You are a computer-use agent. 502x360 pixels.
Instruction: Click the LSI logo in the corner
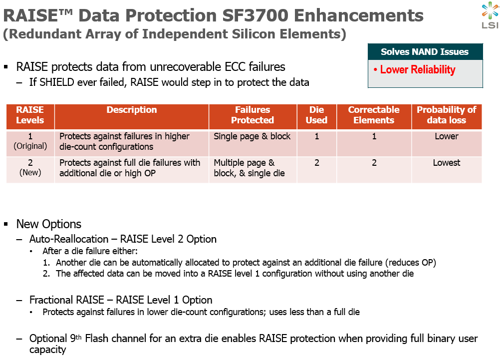pyautogui.click(x=490, y=15)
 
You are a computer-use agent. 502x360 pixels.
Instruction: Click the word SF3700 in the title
pyautogui.click(x=255, y=15)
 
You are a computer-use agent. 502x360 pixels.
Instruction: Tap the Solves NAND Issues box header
pyautogui.click(x=425, y=51)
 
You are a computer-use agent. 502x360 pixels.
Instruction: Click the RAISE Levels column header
pyautogui.click(x=30, y=115)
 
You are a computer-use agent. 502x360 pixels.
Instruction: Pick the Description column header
pyautogui.click(x=132, y=110)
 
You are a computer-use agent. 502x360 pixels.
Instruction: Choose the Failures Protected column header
pyautogui.click(x=252, y=115)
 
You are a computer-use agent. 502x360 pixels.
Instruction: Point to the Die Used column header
pyautogui.click(x=317, y=115)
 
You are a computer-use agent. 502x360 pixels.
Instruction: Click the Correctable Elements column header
pyautogui.click(x=374, y=115)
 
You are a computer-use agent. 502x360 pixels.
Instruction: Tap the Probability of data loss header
pyautogui.click(x=447, y=115)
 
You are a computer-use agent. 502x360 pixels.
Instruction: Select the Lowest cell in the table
pyautogui.click(x=447, y=163)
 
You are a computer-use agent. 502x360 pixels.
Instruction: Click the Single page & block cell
pyautogui.click(x=252, y=136)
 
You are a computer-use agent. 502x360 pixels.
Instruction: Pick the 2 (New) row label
pyautogui.click(x=30, y=167)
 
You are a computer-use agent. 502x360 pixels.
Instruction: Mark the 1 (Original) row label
pyautogui.click(x=30, y=141)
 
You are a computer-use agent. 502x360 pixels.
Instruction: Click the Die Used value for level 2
pyautogui.click(x=317, y=163)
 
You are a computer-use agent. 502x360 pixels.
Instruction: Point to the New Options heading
pyautogui.click(x=49, y=224)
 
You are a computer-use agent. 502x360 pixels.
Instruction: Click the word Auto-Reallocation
pyautogui.click(x=69, y=239)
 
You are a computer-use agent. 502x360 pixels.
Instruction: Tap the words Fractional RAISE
pyautogui.click(x=66, y=300)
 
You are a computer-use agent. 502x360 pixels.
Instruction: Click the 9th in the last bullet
pyautogui.click(x=76, y=338)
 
